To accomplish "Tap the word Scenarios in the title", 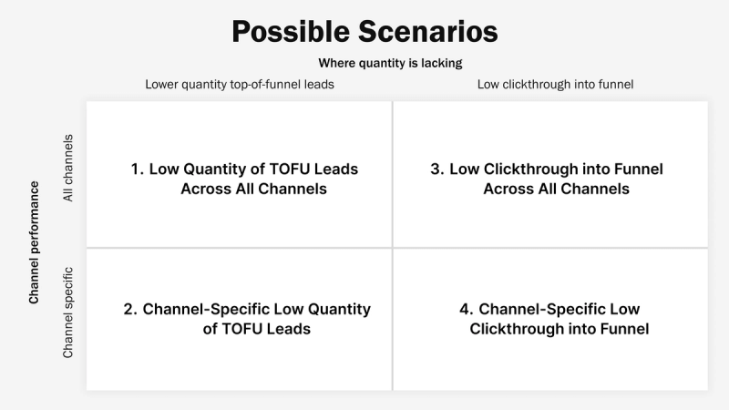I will pos(427,32).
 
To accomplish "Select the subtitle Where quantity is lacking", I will pos(390,63).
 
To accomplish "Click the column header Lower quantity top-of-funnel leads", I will pos(240,85).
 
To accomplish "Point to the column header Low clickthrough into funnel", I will pos(555,85).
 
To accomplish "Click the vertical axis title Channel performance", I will pos(35,242).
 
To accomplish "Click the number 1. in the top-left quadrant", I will pos(138,169).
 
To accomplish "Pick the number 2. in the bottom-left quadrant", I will pos(130,309).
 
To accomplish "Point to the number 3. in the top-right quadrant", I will pos(436,169).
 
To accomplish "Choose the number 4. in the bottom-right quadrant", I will pos(466,309).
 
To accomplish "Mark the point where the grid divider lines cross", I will pos(393,247).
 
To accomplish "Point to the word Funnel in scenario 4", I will pos(626,329).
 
